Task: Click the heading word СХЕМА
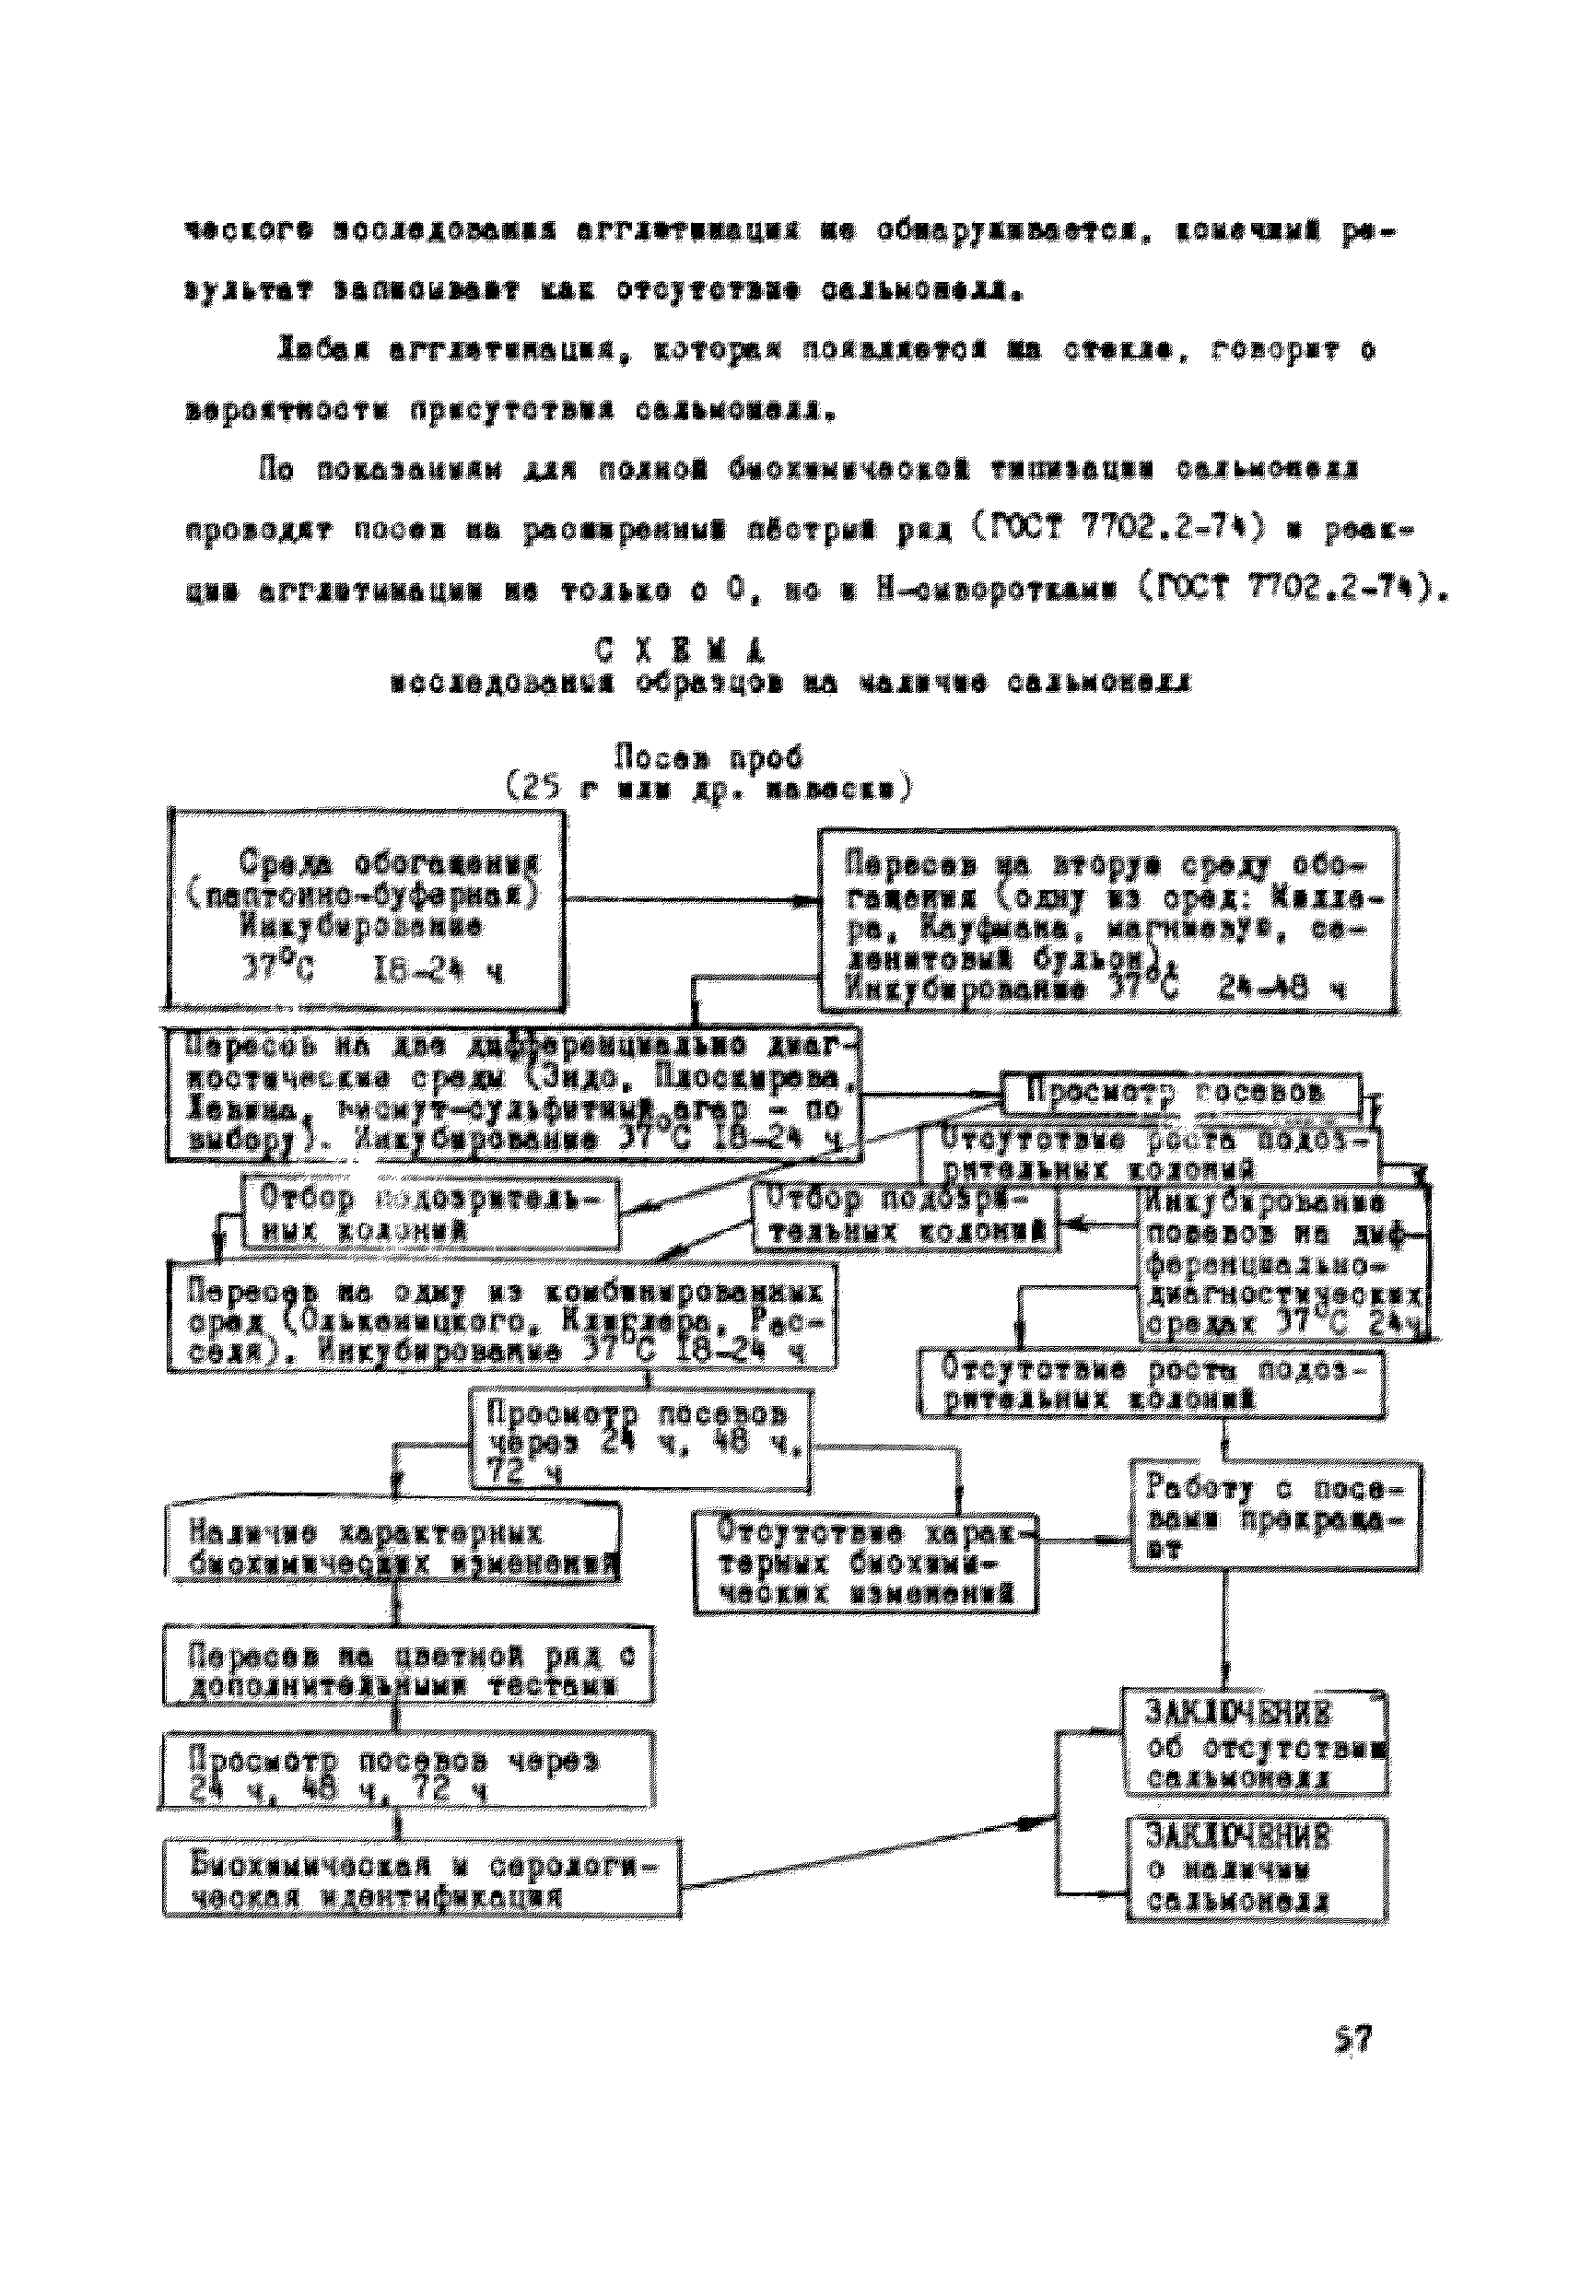681,650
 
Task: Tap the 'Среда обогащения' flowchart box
366,909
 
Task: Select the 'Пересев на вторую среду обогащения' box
1106,920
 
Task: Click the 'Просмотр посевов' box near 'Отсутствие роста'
1180,1093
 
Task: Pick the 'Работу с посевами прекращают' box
1274,1516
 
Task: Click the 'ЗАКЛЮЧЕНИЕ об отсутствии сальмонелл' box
1256,1742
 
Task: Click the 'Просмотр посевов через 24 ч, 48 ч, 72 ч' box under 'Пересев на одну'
641,1440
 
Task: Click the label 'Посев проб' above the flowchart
708,758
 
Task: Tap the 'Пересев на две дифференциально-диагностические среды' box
513,1094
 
